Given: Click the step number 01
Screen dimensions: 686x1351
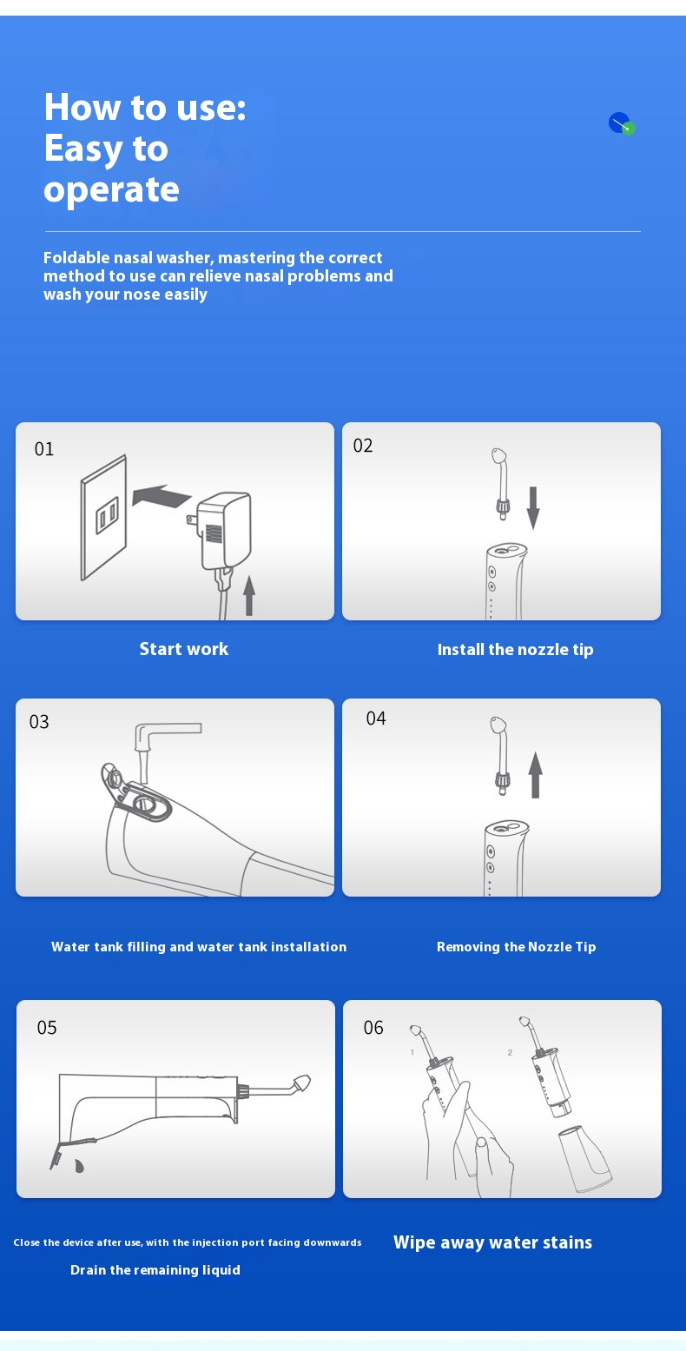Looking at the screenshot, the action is pos(44,449).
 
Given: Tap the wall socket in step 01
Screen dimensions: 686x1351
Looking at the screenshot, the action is pos(103,518).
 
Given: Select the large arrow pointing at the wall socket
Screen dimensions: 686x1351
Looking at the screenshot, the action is pos(161,496).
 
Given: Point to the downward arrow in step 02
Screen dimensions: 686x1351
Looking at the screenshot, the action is pos(533,508).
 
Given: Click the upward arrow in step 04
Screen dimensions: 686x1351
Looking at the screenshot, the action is pos(535,774).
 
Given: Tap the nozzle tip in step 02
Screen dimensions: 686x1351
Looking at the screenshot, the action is pos(501,483).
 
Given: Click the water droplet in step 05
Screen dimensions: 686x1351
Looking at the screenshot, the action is pos(79,1165).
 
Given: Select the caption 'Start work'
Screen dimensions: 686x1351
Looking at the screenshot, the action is pos(184,649).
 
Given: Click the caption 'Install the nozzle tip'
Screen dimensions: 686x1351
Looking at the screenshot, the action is pos(516,650).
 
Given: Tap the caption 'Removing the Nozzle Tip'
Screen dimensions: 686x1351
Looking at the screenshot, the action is pos(516,947).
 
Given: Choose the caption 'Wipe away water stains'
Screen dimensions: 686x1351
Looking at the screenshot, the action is pos(492,1242).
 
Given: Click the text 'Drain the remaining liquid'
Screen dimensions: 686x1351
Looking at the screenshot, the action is pos(155,1270).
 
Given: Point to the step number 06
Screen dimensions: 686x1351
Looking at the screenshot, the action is pos(373,1028).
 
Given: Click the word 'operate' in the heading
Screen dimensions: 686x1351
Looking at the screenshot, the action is pos(111,190).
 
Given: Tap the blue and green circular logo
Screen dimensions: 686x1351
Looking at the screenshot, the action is pos(622,123).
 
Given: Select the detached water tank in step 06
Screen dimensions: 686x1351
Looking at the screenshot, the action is pos(584,1158).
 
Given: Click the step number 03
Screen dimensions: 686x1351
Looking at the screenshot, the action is pos(39,722).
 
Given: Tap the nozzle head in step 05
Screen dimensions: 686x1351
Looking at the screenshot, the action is pos(301,1083).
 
